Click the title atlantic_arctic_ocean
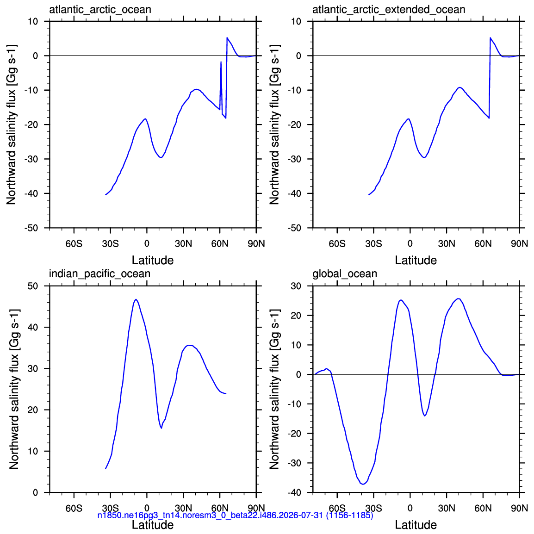tap(100, 10)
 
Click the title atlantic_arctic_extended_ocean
tap(389, 10)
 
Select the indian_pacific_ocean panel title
tap(99, 274)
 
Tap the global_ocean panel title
tap(345, 274)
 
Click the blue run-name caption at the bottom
tap(236, 515)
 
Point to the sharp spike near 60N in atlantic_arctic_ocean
tap(221, 62)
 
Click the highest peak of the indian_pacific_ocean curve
tap(136, 299)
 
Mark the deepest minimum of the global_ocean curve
tap(363, 484)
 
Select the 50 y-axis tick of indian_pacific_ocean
tap(33, 286)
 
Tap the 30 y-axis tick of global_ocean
tap(296, 286)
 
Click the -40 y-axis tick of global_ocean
tap(295, 492)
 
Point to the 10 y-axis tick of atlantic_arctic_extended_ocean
tap(296, 21)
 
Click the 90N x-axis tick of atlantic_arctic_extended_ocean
tap(519, 244)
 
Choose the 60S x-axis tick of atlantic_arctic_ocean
tap(74, 244)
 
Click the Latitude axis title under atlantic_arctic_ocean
tap(153, 260)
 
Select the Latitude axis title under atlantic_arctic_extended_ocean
tap(416, 260)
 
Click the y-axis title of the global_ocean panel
tap(274, 389)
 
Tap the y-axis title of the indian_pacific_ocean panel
tap(14, 389)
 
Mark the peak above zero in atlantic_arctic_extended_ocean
tap(491, 38)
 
